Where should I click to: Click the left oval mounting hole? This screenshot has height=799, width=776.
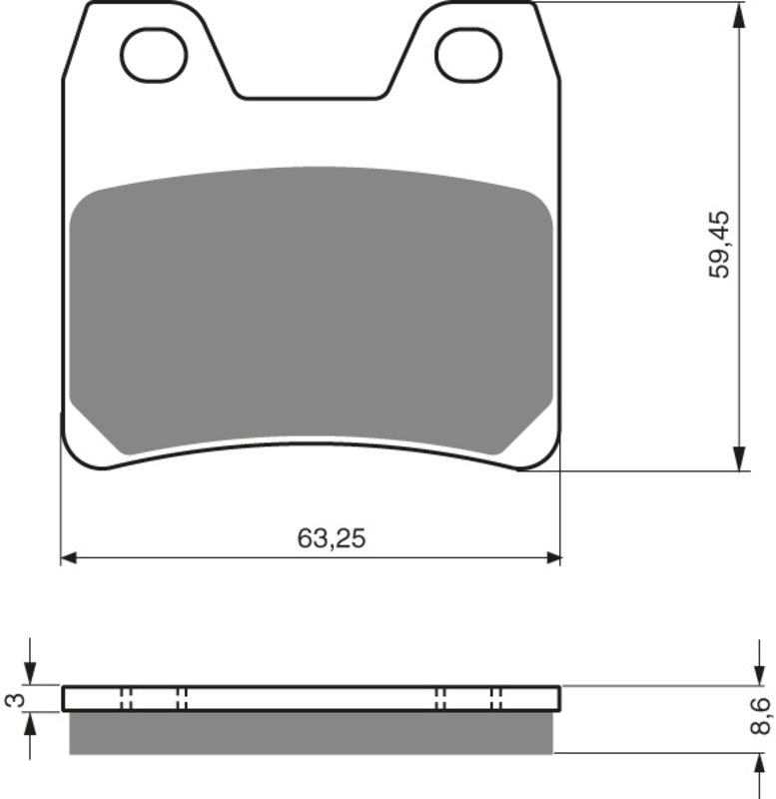click(154, 54)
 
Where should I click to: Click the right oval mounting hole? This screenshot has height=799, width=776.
click(469, 54)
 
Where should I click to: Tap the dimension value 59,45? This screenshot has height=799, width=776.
click(720, 244)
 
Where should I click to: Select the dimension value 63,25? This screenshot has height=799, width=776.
click(332, 538)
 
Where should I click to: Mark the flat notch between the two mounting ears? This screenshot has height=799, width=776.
click(310, 97)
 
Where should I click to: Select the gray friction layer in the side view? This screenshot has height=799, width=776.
click(310, 732)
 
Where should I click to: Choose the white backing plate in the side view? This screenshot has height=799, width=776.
click(310, 698)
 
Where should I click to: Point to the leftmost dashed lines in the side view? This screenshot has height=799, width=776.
click(125, 698)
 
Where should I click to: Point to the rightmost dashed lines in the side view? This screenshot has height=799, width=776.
click(495, 698)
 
